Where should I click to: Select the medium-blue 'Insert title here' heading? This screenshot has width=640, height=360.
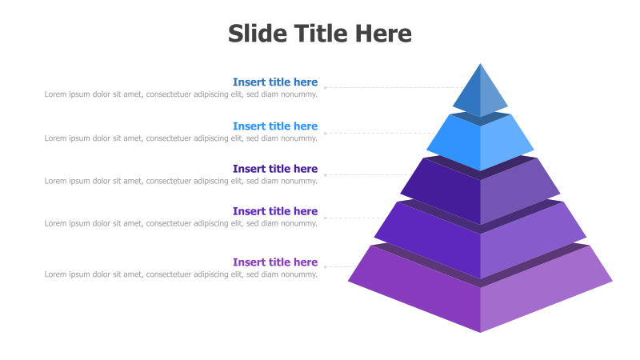[x=275, y=82]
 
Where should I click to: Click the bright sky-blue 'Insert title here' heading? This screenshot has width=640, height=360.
[x=275, y=126]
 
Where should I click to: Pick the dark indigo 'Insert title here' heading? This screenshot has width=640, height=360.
[x=275, y=169]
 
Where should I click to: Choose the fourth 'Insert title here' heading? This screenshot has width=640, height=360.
[x=275, y=211]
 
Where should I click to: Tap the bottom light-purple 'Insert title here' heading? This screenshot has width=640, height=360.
[x=275, y=262]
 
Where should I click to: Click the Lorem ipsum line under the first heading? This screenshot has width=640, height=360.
[x=181, y=94]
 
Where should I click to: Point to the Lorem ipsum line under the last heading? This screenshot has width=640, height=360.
[x=181, y=274]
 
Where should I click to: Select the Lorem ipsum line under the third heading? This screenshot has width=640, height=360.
[x=181, y=181]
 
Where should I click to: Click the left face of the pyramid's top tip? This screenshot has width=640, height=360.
[x=470, y=96]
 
